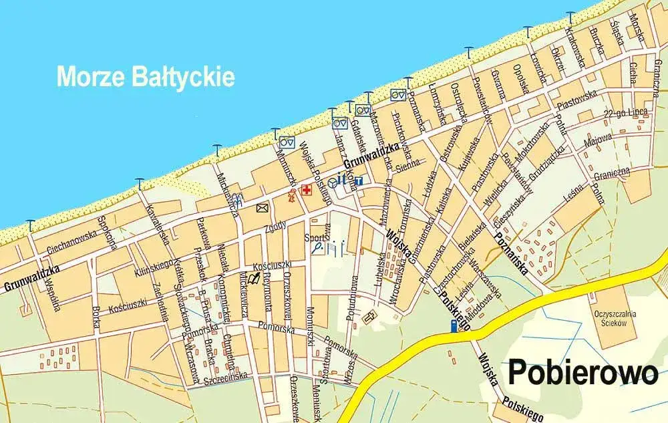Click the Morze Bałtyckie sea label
point(146,76)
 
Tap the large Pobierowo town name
point(583,372)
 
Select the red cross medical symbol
point(307,190)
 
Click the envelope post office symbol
point(262,208)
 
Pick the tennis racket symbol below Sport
point(318,248)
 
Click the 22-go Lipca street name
point(625,113)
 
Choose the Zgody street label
point(275,225)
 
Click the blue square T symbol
point(359,180)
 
